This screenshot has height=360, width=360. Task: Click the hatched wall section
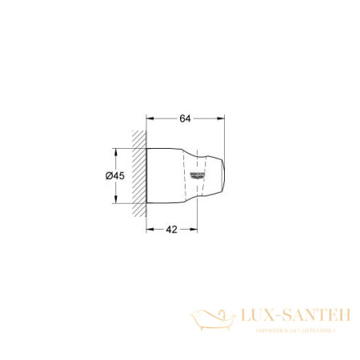click(x=140, y=167)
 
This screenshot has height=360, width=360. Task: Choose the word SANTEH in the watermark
click(x=319, y=317)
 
